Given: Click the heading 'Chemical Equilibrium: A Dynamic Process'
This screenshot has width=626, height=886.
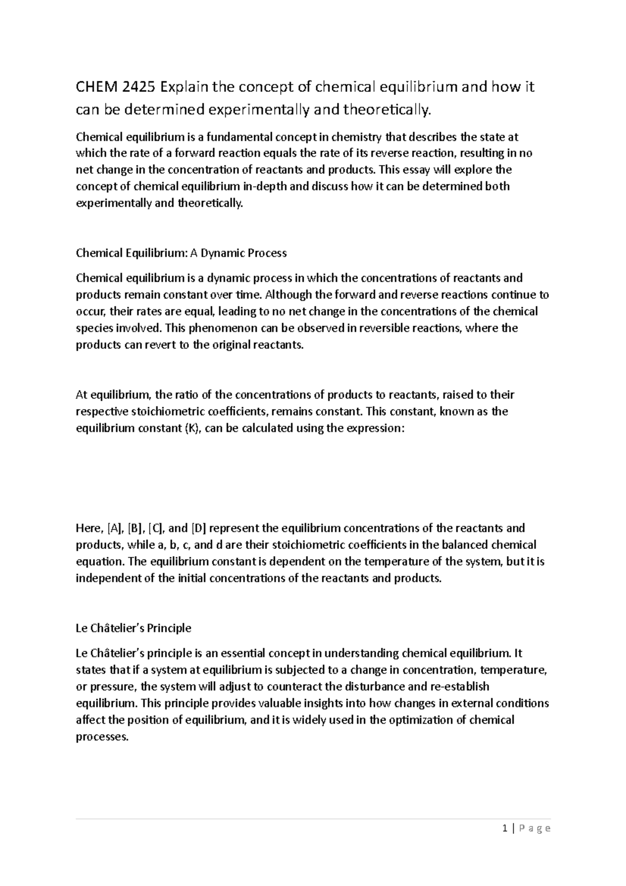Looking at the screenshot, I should click(181, 253).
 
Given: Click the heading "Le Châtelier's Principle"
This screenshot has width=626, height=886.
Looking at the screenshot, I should click(134, 628).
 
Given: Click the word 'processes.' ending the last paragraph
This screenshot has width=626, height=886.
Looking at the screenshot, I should click(102, 737).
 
